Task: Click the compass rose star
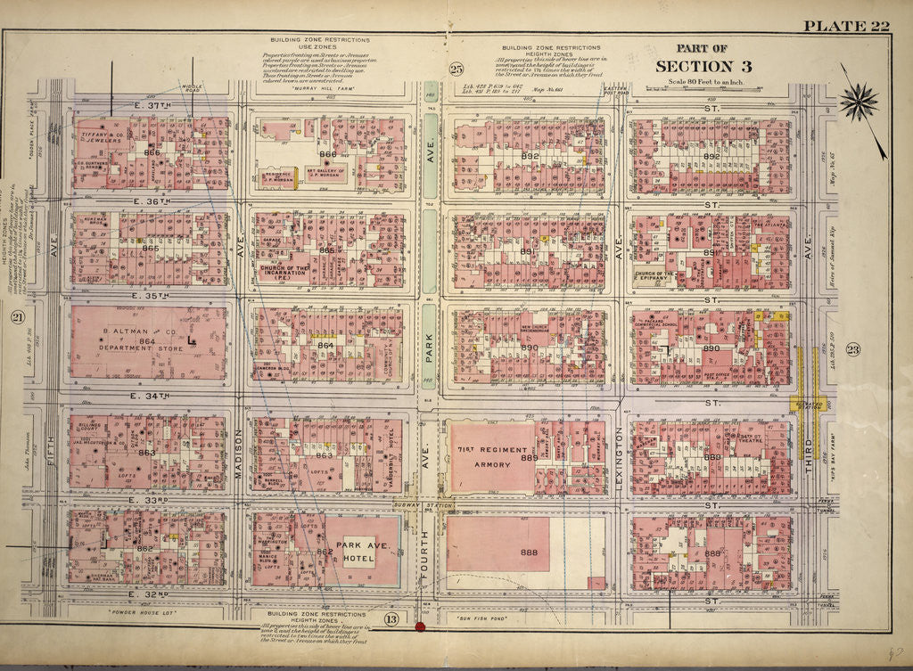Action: tap(859, 102)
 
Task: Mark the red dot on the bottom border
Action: tap(419, 626)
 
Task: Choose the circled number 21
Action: tap(16, 317)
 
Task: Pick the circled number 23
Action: tap(852, 349)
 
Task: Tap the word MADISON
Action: tap(239, 463)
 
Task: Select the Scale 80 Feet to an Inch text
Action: tap(701, 83)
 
